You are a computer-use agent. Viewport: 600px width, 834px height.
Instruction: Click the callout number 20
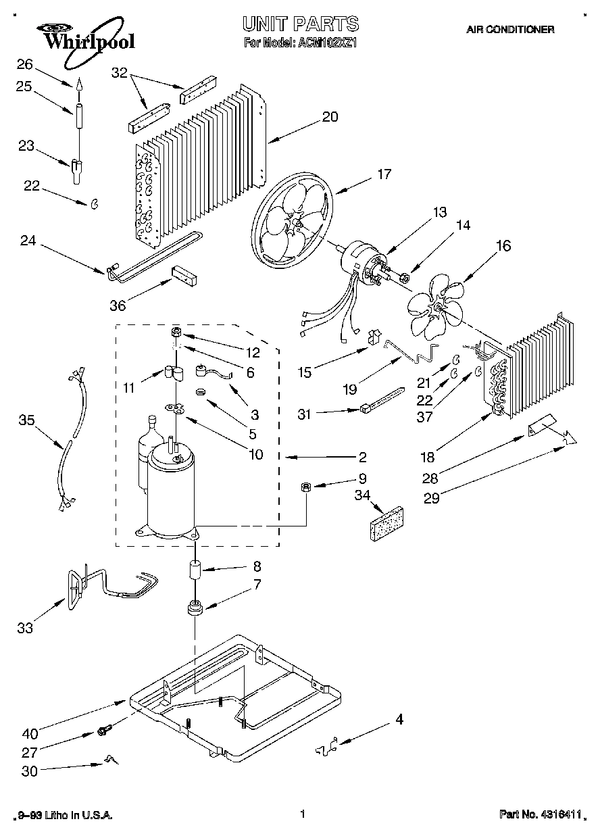click(329, 116)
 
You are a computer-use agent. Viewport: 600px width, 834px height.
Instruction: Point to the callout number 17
click(384, 174)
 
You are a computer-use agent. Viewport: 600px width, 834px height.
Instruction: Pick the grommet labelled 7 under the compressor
click(195, 608)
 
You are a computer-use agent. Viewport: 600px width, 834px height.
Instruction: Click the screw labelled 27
click(104, 730)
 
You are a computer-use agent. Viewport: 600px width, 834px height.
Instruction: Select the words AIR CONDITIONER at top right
click(510, 30)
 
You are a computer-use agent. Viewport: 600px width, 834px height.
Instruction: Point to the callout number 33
click(25, 628)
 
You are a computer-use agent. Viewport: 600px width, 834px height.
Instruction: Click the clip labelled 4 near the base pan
click(326, 748)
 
